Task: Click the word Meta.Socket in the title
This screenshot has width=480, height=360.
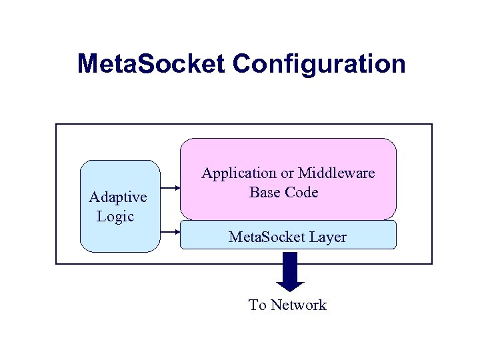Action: point(151,64)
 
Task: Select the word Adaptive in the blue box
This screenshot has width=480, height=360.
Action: point(118,197)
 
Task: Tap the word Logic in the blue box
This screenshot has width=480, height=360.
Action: point(115,216)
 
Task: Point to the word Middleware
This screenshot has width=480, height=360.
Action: point(336,173)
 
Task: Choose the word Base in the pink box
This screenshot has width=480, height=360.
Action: point(265,193)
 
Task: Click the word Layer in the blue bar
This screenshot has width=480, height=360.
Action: point(327,237)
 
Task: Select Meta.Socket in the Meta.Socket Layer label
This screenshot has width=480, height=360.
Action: point(265,237)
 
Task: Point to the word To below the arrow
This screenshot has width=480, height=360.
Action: point(257,305)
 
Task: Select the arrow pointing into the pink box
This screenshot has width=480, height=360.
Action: point(171,189)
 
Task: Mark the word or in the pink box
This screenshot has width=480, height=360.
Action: point(287,174)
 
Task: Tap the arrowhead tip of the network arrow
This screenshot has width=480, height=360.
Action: point(290,290)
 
